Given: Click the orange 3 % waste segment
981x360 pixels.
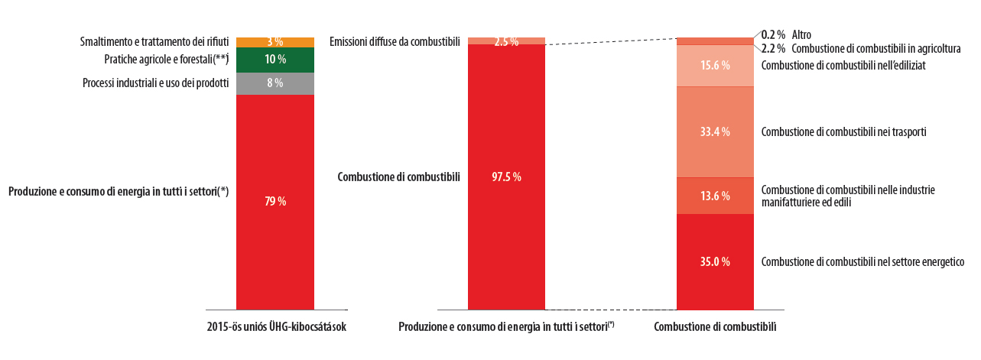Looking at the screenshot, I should pos(274,42).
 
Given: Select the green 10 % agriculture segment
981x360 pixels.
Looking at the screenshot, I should pos(274,60).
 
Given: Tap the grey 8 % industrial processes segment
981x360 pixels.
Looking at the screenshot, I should pos(274,83).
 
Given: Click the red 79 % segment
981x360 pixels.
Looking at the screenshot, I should pos(274,202).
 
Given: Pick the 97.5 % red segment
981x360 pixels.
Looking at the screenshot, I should pos(506,177).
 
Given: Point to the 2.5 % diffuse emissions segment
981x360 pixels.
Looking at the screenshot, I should pos(506,41).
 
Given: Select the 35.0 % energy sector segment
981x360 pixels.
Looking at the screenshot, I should pos(716,261).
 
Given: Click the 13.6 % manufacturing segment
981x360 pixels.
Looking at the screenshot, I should pos(716,196).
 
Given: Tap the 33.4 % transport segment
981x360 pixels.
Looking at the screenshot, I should pos(716,131).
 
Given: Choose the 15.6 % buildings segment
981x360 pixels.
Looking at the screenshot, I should pos(716,66).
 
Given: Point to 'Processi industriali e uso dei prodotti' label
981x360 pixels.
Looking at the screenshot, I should pos(155,83).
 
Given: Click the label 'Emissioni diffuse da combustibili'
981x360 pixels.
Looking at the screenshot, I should pos(395,41).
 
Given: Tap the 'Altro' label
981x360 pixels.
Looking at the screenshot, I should pos(801,34).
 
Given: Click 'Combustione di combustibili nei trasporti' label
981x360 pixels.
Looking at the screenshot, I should pos(844,131).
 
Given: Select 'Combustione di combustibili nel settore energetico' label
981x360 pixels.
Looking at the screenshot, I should pos(862,261).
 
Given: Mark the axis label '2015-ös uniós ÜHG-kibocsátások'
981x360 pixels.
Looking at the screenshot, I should pos(277,327).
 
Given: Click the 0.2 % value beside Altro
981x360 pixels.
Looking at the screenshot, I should pos(773,34).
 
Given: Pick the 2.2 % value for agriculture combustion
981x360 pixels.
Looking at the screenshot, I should pos(773,48).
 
